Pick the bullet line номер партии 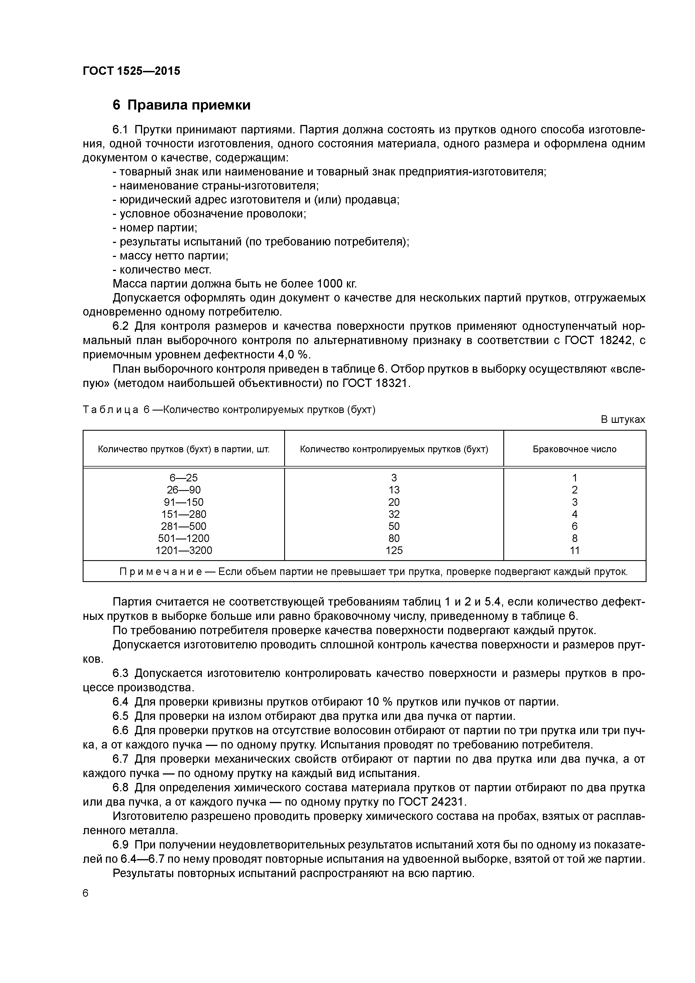click(155, 228)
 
